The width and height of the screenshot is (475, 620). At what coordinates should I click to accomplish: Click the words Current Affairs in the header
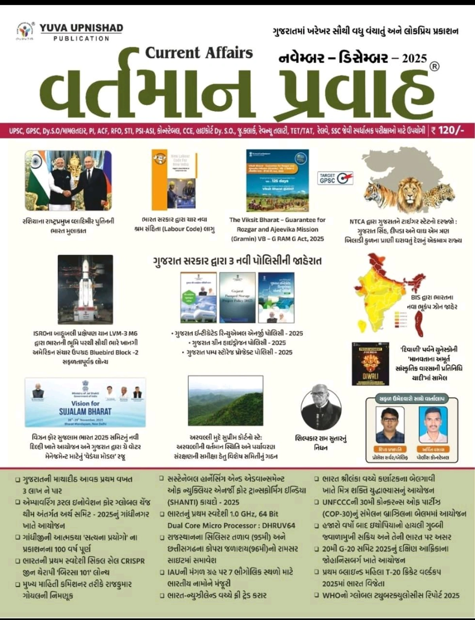[199, 53]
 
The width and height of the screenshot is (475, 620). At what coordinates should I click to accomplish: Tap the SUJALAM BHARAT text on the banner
[85, 411]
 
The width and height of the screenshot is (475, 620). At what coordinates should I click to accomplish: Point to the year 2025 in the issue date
[414, 58]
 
